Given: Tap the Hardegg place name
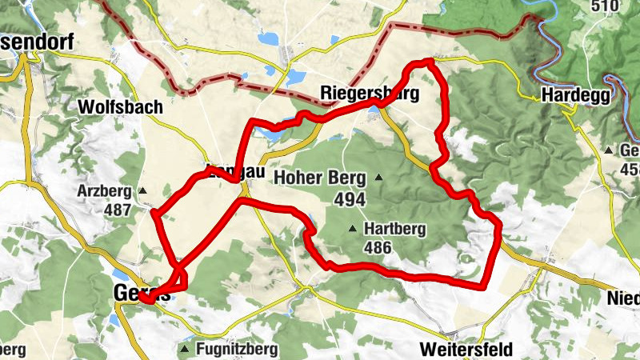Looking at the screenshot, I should pos(576,94).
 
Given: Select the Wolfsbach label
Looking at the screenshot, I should pos(121,106).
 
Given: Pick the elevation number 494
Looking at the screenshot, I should pos(350,199).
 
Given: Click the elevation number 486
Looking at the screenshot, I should pos(377,248).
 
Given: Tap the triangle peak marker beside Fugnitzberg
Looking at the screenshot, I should pos(186,350).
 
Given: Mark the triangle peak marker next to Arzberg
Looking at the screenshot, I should pos(143,190).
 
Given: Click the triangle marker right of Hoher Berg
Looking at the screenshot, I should pos(378,177).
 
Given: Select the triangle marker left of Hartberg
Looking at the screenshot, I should pos(352,230).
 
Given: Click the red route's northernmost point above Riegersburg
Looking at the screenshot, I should pos(430,61).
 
